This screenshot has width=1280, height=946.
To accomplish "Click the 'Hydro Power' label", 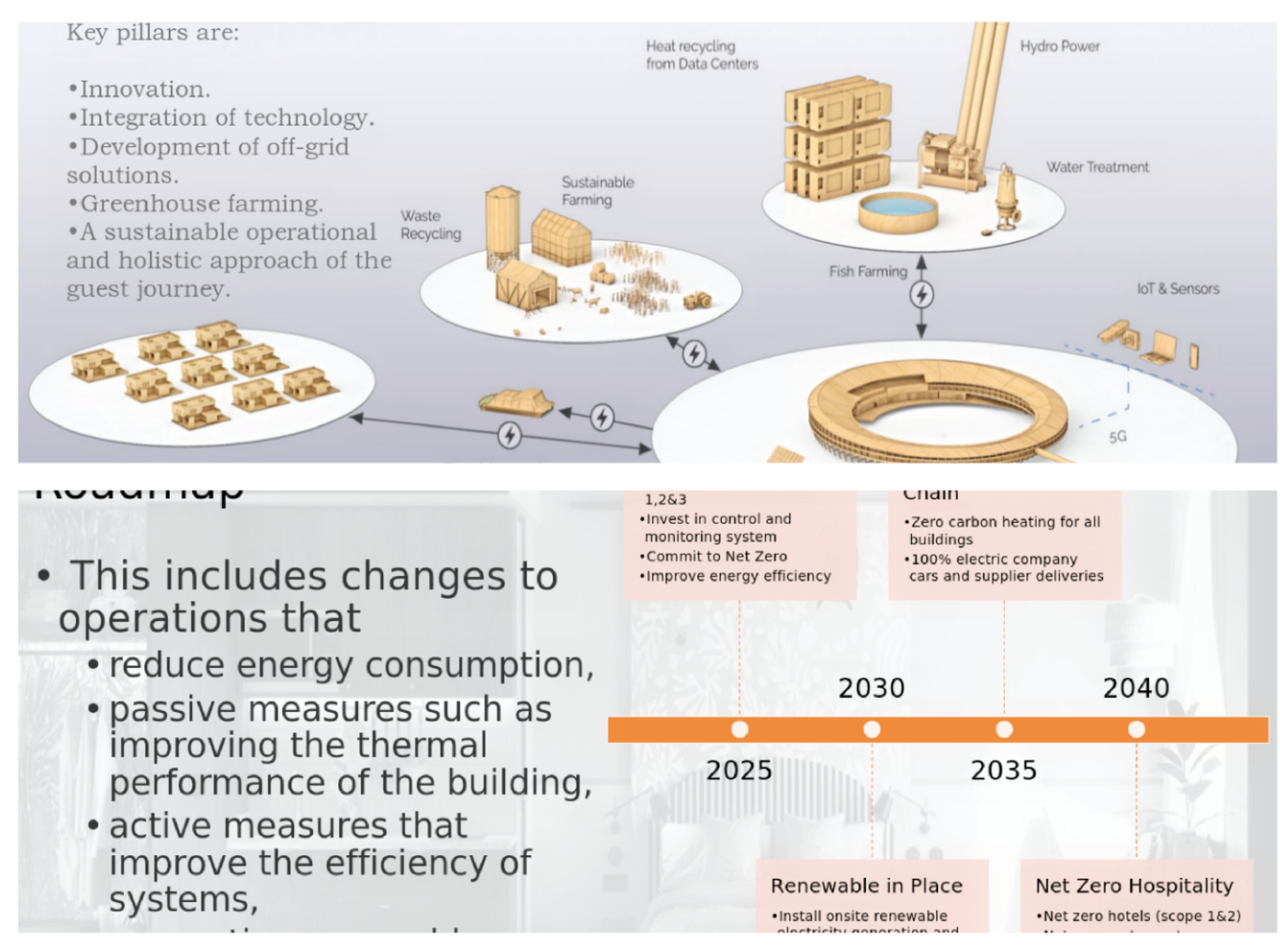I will [x=1060, y=46].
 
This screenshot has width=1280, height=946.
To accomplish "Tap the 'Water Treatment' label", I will [x=1097, y=167].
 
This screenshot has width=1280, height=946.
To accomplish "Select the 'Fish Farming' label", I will [x=868, y=272].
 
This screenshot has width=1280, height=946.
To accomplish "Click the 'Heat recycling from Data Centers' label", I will [x=701, y=55].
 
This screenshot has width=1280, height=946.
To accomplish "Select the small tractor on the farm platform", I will [x=698, y=300].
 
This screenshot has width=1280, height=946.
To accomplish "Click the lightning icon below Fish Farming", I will [x=921, y=295].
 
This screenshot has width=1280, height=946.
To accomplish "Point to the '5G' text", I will [x=1118, y=437].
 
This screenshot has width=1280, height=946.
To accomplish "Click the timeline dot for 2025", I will [x=740, y=729].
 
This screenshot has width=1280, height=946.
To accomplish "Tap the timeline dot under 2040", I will [x=1136, y=729].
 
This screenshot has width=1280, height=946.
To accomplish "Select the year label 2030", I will [x=872, y=688].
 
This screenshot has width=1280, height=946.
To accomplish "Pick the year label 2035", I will [x=1003, y=771].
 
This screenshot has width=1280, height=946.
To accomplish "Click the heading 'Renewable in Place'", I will [x=866, y=886].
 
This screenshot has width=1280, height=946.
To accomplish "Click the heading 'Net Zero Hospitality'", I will [x=1134, y=886].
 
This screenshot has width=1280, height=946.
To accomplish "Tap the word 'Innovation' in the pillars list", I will [x=144, y=89].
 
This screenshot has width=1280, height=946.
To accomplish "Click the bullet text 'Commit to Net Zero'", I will [x=716, y=556].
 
